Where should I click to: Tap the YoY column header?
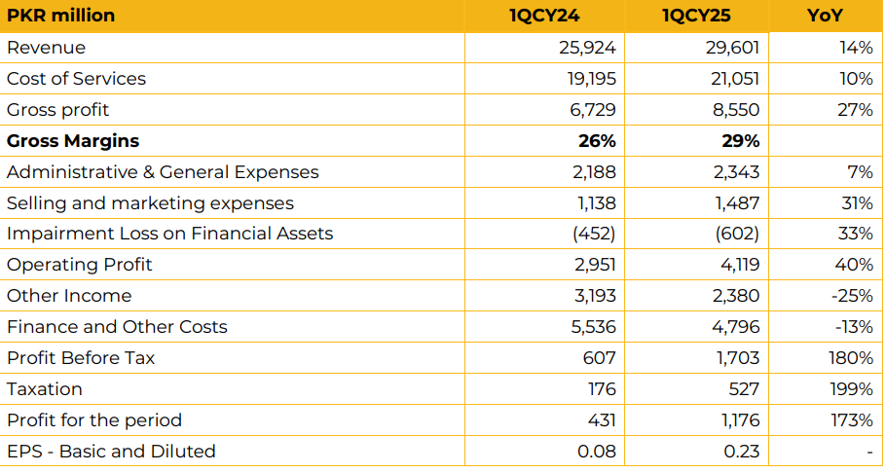pos(825,16)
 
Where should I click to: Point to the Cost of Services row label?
pos(76,79)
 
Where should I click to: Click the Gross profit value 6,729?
pos(592,110)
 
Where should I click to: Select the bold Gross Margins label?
pos(73,141)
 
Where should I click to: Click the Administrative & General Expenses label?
pos(163,172)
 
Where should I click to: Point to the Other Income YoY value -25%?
pos(852,296)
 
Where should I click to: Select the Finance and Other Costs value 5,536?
pos(591,327)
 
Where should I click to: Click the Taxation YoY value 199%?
pos(852,389)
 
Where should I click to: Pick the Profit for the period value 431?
pos(600,420)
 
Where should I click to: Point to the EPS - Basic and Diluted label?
pos(111,452)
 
